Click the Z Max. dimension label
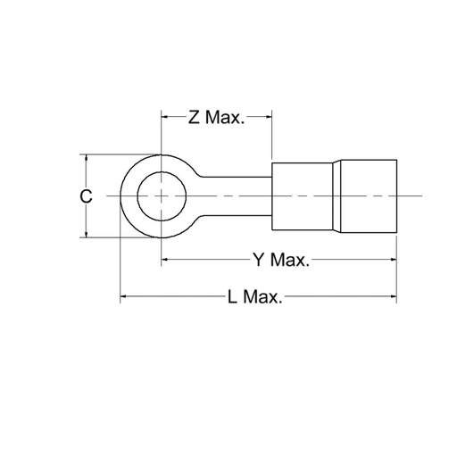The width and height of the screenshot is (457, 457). coord(216,118)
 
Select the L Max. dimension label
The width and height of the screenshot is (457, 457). coord(255,297)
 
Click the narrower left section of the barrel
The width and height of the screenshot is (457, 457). coord(303,195)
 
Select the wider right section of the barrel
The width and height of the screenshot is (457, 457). coord(366,195)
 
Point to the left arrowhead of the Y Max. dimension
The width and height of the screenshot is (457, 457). coord(165,260)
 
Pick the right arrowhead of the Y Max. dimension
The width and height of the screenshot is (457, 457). coord(392,260)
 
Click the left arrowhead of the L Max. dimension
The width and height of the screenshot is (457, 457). coord(125,296)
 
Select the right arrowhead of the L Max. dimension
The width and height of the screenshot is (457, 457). coord(392,296)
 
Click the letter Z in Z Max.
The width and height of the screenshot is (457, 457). coord(194,118)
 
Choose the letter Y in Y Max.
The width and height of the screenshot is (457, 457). coord(259,261)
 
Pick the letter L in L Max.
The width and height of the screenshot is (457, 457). coord(233,297)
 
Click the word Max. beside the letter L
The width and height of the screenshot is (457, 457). coord(263,297)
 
